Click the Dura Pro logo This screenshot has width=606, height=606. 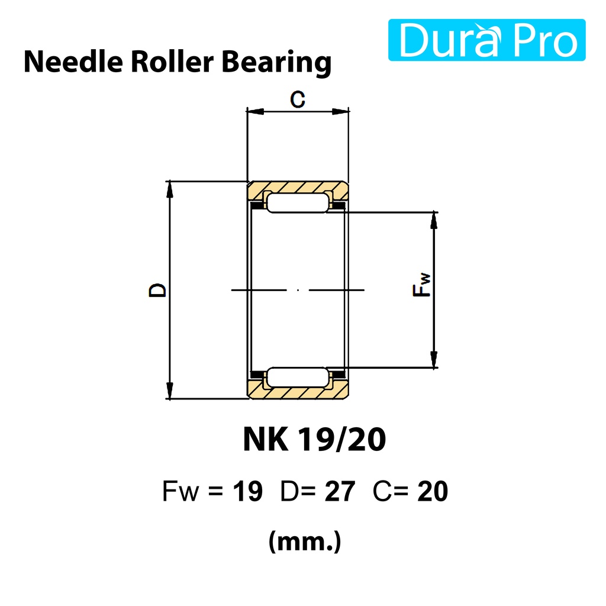pyautogui.click(x=486, y=40)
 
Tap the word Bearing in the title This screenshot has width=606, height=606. pyautogui.click(x=277, y=63)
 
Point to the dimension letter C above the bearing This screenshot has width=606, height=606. pyautogui.click(x=298, y=99)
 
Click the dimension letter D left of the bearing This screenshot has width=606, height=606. pyautogui.click(x=157, y=290)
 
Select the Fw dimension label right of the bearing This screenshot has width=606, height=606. pyautogui.click(x=421, y=285)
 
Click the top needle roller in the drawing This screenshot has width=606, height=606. pyautogui.click(x=298, y=204)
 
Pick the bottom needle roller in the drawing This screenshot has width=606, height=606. pyautogui.click(x=298, y=377)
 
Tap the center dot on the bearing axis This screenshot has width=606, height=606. pyautogui.click(x=298, y=290)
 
